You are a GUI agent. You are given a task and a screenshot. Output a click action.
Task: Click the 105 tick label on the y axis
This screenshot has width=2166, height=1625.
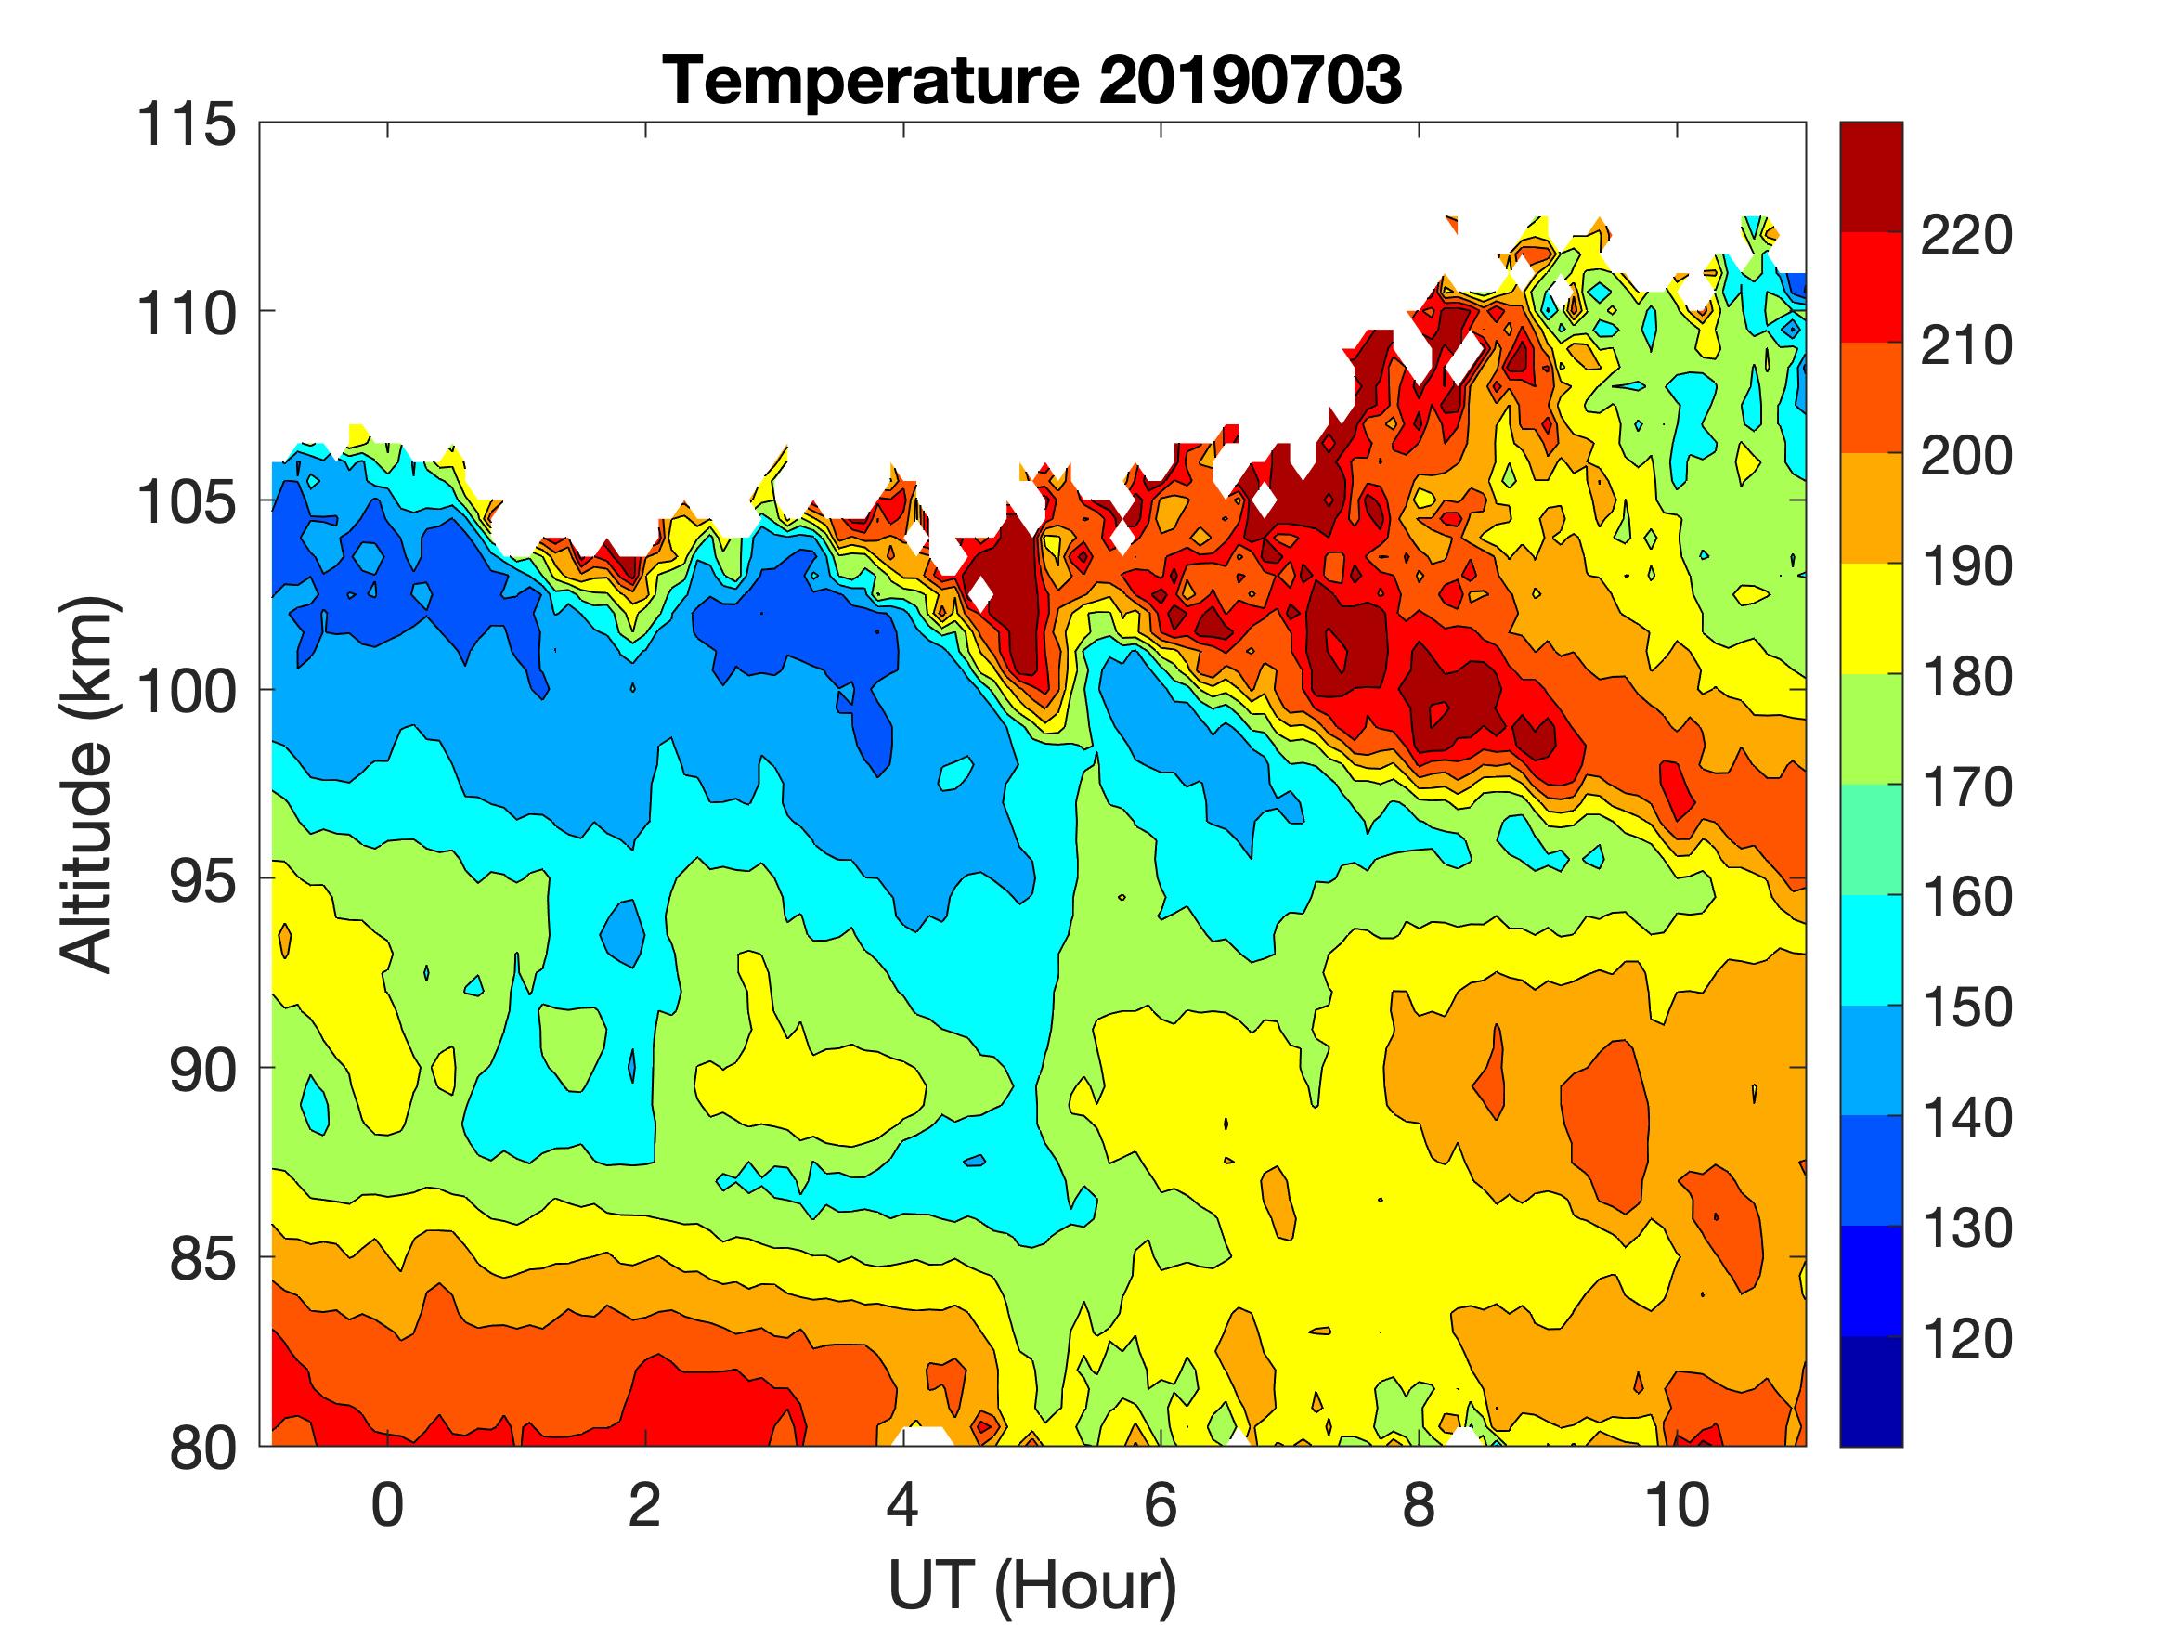[x=186, y=502]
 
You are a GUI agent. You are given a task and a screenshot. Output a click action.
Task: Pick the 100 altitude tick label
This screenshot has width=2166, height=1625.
[x=186, y=692]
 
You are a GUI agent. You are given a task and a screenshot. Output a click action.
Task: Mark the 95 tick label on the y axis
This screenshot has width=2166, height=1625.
[x=201, y=880]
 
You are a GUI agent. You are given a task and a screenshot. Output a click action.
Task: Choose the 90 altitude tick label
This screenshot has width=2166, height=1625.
[x=201, y=1070]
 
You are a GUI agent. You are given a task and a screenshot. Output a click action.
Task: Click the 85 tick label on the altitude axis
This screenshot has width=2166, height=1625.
[x=201, y=1258]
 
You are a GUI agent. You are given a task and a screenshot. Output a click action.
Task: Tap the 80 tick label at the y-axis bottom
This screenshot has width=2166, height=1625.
[x=201, y=1448]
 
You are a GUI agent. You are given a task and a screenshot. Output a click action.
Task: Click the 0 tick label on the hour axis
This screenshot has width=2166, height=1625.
[x=388, y=1504]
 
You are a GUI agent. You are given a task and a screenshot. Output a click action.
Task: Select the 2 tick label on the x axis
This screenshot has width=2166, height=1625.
[x=645, y=1504]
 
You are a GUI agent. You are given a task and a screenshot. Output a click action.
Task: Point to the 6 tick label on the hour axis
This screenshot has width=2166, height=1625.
[x=1161, y=1504]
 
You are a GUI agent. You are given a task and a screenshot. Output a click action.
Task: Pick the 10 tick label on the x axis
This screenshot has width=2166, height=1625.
[x=1678, y=1504]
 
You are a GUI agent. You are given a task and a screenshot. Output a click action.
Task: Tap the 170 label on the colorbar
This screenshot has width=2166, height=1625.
[x=1966, y=786]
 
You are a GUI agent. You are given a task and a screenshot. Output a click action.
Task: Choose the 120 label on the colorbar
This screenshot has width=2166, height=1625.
[x=1966, y=1338]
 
